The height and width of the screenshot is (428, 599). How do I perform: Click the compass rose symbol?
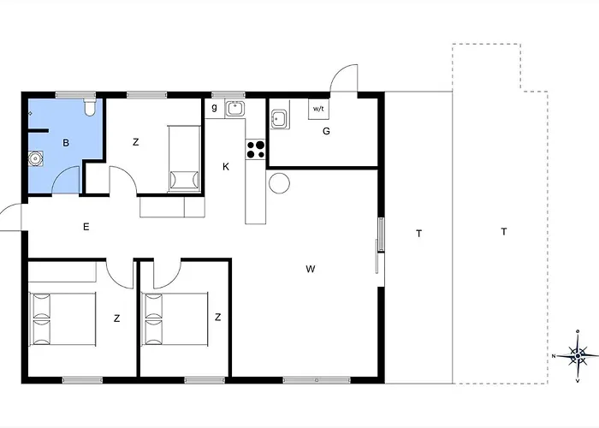pyautogui.click(x=578, y=354)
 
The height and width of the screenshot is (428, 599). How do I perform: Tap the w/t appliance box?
pyautogui.click(x=318, y=110)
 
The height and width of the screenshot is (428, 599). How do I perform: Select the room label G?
pyautogui.click(x=326, y=131)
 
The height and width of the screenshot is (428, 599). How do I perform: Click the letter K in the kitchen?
pyautogui.click(x=226, y=167)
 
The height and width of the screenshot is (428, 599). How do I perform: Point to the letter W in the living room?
pyautogui.click(x=311, y=270)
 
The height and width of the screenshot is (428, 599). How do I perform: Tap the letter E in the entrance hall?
pyautogui.click(x=86, y=227)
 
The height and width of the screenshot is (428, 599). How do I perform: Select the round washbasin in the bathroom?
pyautogui.click(x=36, y=158)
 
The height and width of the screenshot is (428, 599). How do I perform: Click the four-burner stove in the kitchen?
pyautogui.click(x=255, y=150)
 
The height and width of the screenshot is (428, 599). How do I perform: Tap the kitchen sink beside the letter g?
pyautogui.click(x=235, y=109)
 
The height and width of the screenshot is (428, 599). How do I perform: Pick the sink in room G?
pyautogui.click(x=279, y=118)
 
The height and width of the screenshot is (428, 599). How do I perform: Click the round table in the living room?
pyautogui.click(x=280, y=183)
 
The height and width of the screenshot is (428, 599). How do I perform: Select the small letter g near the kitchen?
pyautogui.click(x=214, y=107)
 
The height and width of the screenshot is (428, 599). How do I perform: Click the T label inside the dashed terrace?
pyautogui.click(x=504, y=231)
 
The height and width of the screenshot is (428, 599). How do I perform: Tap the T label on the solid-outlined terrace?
pyautogui.click(x=418, y=233)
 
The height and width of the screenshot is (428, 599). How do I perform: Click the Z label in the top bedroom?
pyautogui.click(x=135, y=142)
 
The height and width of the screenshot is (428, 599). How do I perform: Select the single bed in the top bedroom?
pyautogui.click(x=184, y=158)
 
